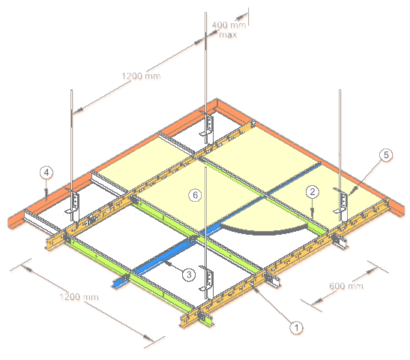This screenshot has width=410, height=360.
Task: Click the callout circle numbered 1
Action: (x=296, y=328)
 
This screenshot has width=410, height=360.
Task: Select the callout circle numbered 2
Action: (x=313, y=192)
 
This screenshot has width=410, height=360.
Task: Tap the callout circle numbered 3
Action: (x=189, y=274)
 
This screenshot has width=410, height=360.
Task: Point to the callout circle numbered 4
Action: (x=46, y=172)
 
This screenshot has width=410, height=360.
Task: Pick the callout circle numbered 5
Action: (x=386, y=155)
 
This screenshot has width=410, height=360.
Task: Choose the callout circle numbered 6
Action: (x=195, y=195)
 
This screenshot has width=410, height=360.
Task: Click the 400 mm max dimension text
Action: (x=229, y=29)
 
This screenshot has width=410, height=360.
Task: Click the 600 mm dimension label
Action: (x=346, y=286)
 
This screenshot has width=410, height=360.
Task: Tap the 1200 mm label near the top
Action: (x=141, y=76)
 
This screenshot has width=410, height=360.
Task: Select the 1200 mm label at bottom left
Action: (x=79, y=297)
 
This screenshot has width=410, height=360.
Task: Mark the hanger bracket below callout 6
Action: (x=208, y=282)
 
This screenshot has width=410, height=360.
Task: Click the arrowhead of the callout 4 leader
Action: (x=46, y=192)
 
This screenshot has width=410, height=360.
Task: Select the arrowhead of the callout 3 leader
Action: (x=166, y=262)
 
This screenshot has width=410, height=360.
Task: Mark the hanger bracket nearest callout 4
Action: (x=73, y=204)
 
